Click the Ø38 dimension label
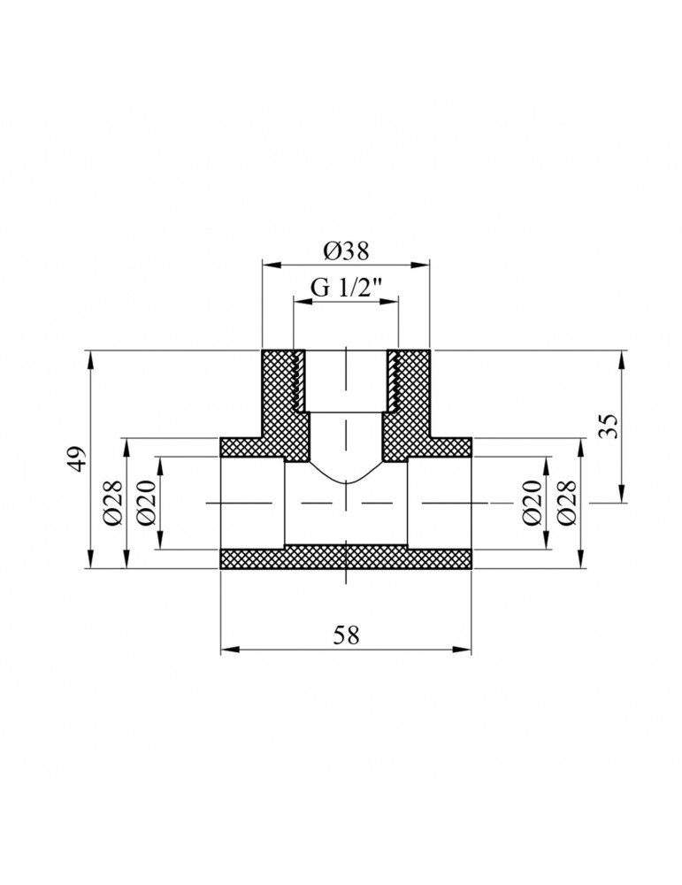pos(346,251)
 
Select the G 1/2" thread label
pos(346,288)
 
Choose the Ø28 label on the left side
pos(112,504)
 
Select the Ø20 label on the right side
pos(531,504)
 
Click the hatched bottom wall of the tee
pos(346,559)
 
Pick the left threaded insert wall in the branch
pos(300,381)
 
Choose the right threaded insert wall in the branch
pos(392,381)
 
